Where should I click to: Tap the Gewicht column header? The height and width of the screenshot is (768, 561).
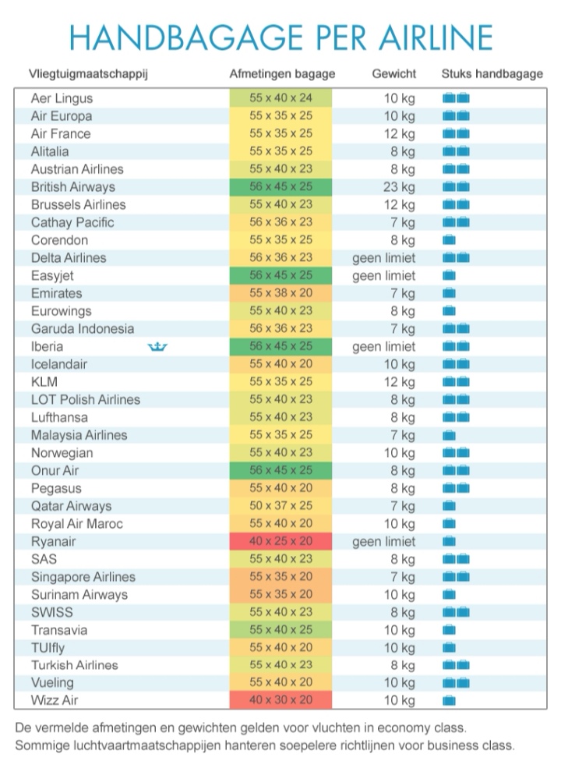point(394,74)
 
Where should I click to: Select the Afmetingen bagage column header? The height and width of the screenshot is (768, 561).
point(282,74)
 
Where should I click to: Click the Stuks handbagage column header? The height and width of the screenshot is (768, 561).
point(492,74)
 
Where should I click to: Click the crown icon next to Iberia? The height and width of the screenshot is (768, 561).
point(158,347)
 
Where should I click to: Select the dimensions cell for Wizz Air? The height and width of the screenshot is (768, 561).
point(280,701)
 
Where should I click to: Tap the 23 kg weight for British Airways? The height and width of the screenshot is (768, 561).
point(400,187)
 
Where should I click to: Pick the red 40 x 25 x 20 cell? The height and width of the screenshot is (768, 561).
point(280,542)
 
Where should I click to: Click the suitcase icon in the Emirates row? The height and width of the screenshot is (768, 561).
point(449,294)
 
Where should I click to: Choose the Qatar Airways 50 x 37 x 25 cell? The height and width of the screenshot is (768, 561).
point(280,506)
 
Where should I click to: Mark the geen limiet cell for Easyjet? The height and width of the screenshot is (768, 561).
point(384,276)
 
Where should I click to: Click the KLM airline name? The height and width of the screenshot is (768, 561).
point(44,382)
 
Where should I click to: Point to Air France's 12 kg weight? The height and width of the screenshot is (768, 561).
point(400,134)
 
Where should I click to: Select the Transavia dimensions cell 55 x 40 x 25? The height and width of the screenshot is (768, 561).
point(280,630)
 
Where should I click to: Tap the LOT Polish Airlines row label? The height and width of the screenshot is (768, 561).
point(86,400)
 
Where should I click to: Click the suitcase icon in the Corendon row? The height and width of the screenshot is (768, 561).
point(449,240)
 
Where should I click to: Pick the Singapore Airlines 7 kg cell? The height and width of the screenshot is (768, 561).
point(403,577)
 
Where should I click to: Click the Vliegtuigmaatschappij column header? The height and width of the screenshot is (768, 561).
point(88,74)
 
